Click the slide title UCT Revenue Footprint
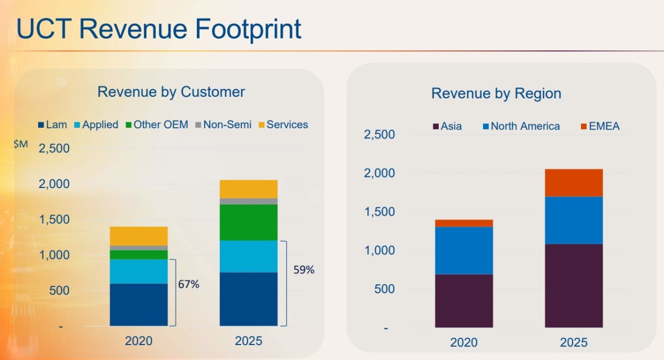pos(159,29)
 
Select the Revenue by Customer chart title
pos(171,91)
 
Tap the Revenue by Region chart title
pos(496,93)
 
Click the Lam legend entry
pos(52,124)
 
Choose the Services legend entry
pos(283,124)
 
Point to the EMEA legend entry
pos(600,126)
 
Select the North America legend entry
pos(521,126)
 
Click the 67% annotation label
pos(189,284)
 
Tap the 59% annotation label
pos(304,270)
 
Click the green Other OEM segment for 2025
pos(248,222)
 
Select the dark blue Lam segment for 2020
pos(138,304)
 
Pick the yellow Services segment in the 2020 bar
pos(138,236)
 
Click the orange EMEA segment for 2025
pos(574,182)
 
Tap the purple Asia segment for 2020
pos(464,300)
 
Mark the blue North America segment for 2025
pos(574,220)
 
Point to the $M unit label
pos(20,144)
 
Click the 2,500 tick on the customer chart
pos(54,148)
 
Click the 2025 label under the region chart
pos(574,342)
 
